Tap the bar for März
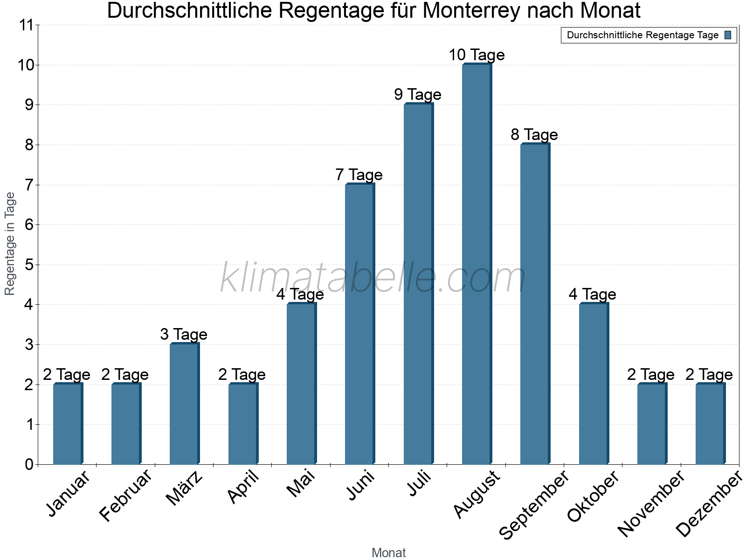(184, 404)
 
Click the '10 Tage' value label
(477, 55)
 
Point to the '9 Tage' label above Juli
(418, 95)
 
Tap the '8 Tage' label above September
(534, 135)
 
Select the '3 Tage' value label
(184, 335)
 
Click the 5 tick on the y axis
(29, 265)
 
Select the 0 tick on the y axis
(29, 465)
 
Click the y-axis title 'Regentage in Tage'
(10, 244)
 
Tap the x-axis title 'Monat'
(388, 553)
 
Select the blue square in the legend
(728, 35)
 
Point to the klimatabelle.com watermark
(373, 278)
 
